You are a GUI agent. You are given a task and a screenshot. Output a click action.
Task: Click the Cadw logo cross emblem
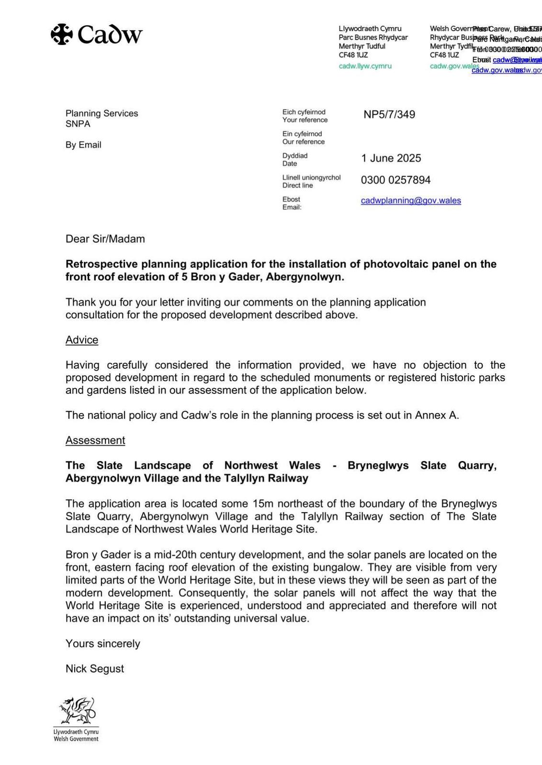coord(62,34)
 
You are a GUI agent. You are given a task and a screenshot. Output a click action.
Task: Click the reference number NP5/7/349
coord(389,115)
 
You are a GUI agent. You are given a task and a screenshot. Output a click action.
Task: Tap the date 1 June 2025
coord(391,158)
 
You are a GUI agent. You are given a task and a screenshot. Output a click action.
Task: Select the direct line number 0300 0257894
coord(395,180)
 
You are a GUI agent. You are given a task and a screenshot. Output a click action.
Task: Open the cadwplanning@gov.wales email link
coord(411,201)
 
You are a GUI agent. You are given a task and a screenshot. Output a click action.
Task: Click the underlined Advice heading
coord(82,340)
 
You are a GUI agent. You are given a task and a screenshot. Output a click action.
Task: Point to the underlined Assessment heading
coord(95,440)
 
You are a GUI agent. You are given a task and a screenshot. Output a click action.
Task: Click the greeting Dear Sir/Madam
coord(105,239)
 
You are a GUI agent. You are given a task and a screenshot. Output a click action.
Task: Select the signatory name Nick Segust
coord(95,669)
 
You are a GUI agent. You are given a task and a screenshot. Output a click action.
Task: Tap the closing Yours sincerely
coord(103,644)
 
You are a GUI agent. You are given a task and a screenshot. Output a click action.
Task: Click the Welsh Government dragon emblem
coord(77,711)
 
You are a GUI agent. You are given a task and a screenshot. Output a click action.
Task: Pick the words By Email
coord(83,145)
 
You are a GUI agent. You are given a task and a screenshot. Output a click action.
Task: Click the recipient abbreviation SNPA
coord(78,124)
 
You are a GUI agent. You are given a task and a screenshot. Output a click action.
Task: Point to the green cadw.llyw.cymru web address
coord(365,66)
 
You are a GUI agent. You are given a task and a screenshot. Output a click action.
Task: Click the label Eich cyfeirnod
coord(304,112)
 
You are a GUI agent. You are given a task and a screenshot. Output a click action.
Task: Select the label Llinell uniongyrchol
coord(311,177)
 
